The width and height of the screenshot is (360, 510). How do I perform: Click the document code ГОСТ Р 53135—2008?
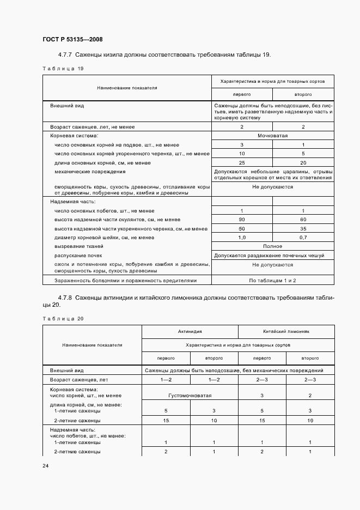pos(72,40)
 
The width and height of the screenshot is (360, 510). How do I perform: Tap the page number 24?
pos(46,466)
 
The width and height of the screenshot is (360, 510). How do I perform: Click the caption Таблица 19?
pos(63,69)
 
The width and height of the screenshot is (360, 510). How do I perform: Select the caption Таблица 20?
pos(63,318)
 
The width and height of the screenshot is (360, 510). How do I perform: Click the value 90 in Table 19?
pos(242,220)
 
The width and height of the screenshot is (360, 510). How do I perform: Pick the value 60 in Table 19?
pos(303,220)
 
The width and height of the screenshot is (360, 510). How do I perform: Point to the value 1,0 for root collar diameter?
pos(242,238)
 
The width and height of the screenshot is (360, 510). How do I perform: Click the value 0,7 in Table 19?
pos(303,238)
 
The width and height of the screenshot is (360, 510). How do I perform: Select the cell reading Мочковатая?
pos(272,136)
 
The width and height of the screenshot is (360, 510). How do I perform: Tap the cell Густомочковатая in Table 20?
pos(190,396)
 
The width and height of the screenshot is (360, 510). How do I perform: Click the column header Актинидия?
pos(190,331)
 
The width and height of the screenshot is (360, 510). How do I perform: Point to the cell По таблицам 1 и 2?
pos(272,280)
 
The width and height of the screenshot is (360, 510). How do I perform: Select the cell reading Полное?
pos(272,246)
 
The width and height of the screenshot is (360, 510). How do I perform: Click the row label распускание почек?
pos(78,255)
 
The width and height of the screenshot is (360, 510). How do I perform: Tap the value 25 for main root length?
pos(242,163)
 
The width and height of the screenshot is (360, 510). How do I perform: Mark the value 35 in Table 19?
pos(303,229)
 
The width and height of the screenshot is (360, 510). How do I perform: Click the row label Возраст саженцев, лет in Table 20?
pos(77,379)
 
